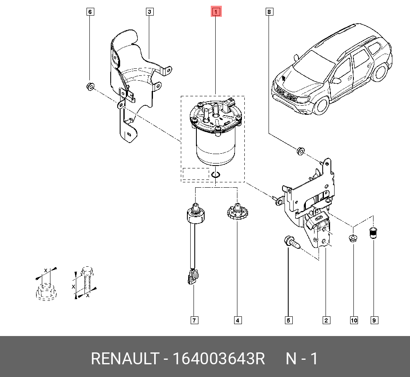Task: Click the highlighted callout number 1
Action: click(216, 11)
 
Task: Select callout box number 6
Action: click(90, 11)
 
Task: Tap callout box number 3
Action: click(150, 11)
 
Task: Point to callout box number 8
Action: click(269, 11)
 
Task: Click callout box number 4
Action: click(237, 320)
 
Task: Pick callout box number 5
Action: click(288, 320)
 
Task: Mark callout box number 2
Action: click(326, 320)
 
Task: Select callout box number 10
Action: click(354, 320)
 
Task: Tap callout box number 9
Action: click(374, 320)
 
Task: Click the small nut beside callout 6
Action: click(90, 86)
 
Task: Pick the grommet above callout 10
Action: click(352, 238)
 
